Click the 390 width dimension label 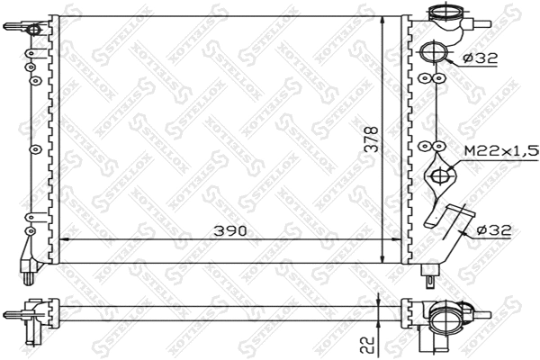pyautogui.click(x=229, y=230)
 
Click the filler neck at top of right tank pyautogui.click(x=445, y=15)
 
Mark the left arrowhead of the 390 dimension pyautogui.click(x=63, y=238)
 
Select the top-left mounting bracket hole pyautogui.click(x=35, y=31)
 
